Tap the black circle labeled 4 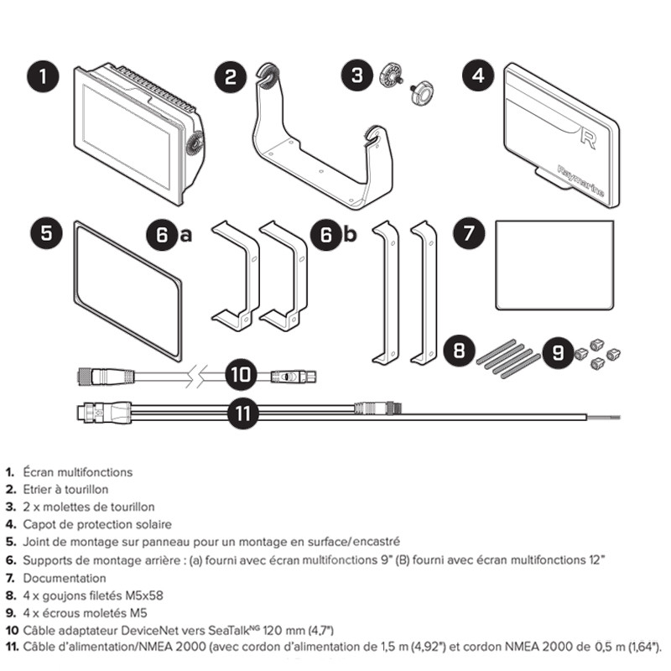tap(478, 77)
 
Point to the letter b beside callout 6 tap(349, 236)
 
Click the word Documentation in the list tap(65, 578)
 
